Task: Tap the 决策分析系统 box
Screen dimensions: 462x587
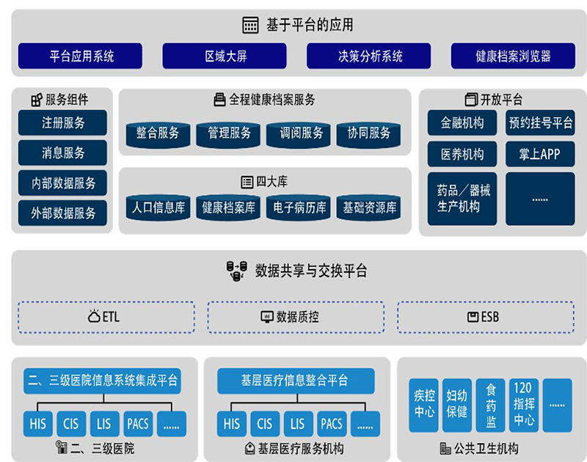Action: tap(369, 56)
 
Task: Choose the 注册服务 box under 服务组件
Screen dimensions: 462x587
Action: tap(62, 122)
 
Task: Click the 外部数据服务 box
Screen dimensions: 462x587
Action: tap(62, 213)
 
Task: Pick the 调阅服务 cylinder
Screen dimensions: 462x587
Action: tap(301, 133)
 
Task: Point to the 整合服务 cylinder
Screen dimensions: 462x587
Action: tap(157, 133)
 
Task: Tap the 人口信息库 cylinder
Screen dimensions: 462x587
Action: tap(158, 208)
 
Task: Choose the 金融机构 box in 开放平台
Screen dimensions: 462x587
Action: tap(462, 122)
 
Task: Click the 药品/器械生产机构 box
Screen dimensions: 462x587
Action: tap(462, 199)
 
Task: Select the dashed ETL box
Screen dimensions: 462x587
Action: tap(106, 317)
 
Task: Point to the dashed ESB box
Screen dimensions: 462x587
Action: tap(486, 317)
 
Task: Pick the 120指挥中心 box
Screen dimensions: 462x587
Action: tap(524, 405)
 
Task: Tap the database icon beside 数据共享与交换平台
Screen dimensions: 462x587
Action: tap(236, 271)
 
